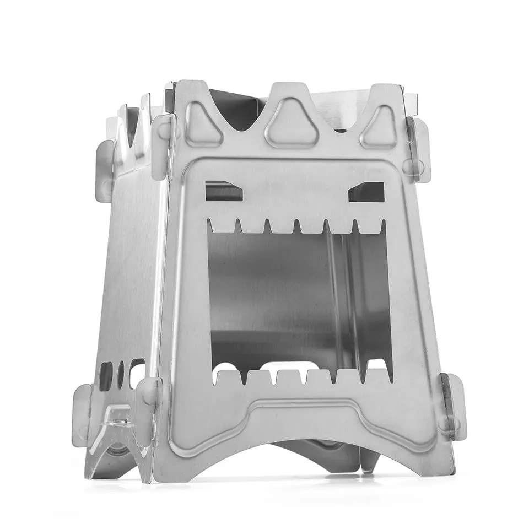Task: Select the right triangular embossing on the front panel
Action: coord(380,127)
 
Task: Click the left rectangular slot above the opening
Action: coord(223,192)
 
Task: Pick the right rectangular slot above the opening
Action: coord(366,192)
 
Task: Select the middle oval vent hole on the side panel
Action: coord(121,374)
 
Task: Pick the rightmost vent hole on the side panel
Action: coord(137,372)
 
